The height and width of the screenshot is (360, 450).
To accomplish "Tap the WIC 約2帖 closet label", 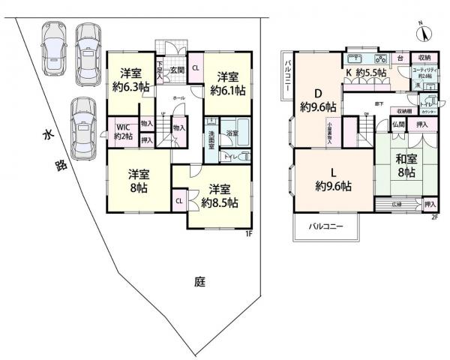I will click(121, 132).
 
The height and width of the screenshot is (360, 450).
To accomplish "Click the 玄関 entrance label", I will click(177, 70).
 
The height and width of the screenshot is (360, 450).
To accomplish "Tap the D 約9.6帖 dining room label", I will click(317, 101).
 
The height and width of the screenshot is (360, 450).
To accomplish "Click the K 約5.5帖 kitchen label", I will click(365, 73).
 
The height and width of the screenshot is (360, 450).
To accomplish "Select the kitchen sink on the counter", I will click(355, 59).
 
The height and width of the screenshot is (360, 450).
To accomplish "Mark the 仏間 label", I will click(397, 125).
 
